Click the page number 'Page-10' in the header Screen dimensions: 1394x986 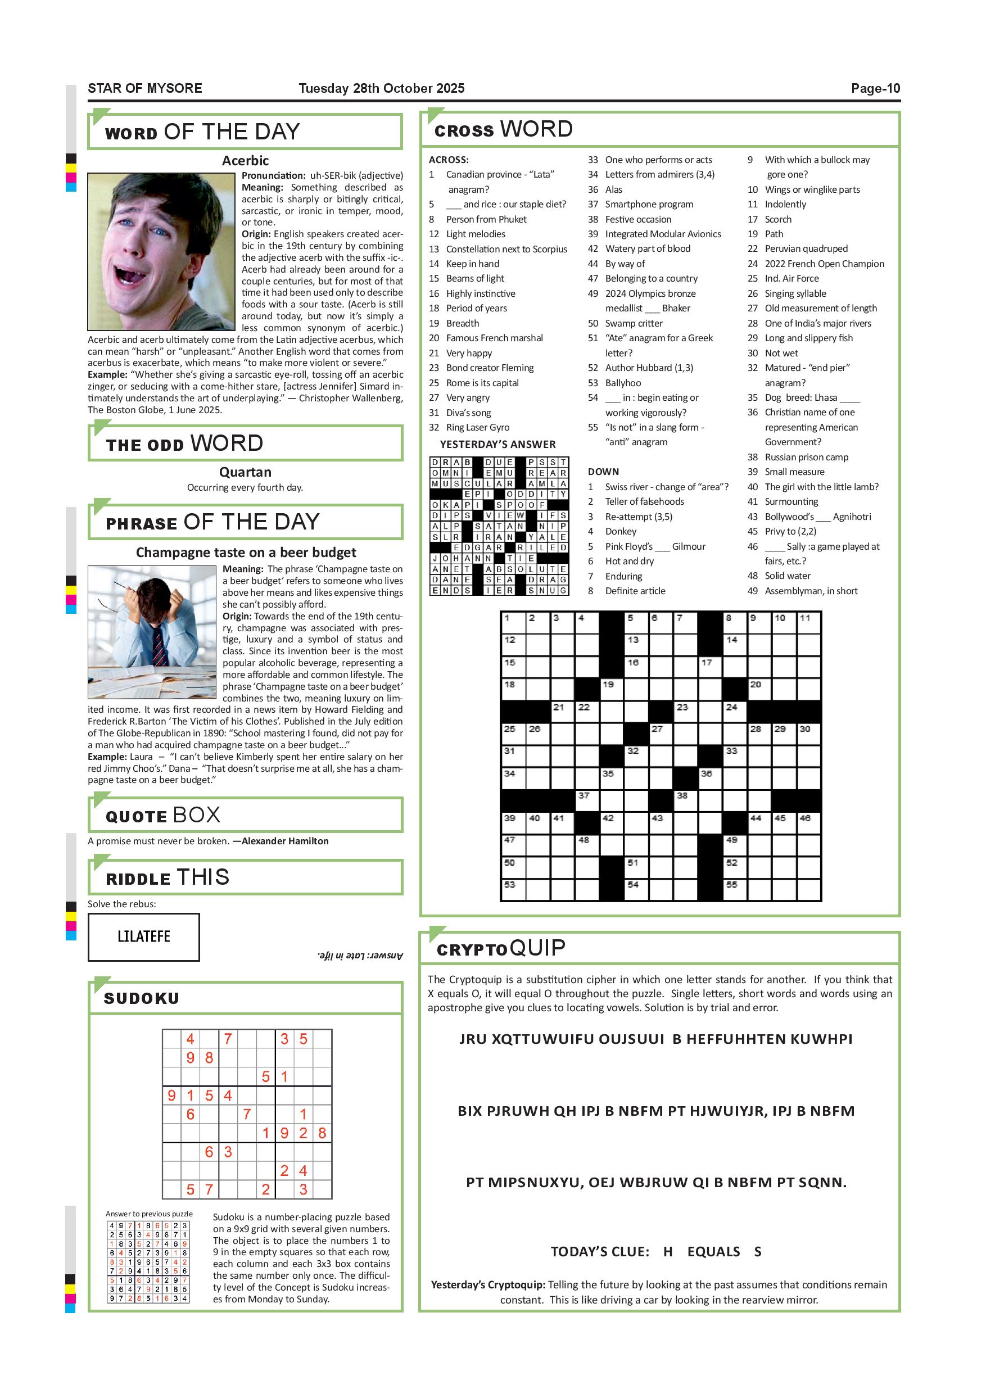click(x=875, y=89)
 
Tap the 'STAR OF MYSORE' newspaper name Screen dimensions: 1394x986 click(x=144, y=89)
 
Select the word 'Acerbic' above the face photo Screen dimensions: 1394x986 click(x=245, y=161)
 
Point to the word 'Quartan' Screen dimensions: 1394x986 click(x=245, y=472)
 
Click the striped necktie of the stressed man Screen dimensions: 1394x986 click(x=159, y=646)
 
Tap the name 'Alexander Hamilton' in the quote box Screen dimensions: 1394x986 click(x=285, y=841)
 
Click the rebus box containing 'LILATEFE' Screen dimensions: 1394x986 click(x=143, y=936)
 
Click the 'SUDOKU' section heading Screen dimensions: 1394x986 click(x=142, y=998)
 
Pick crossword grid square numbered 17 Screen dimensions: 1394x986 click(x=711, y=667)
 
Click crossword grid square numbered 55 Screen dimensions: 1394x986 click(x=735, y=889)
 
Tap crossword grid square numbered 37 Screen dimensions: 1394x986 click(x=587, y=800)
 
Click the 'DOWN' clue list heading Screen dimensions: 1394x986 click(x=603, y=472)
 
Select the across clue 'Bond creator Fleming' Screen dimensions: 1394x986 click(x=490, y=368)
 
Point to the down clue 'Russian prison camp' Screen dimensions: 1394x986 click(x=806, y=457)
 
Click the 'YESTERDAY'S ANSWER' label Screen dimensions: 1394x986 click(x=497, y=445)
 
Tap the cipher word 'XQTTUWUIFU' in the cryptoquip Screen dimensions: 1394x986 click(x=543, y=1039)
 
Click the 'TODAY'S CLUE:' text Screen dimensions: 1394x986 click(x=599, y=1252)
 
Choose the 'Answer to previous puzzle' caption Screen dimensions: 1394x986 click(x=149, y=1214)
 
